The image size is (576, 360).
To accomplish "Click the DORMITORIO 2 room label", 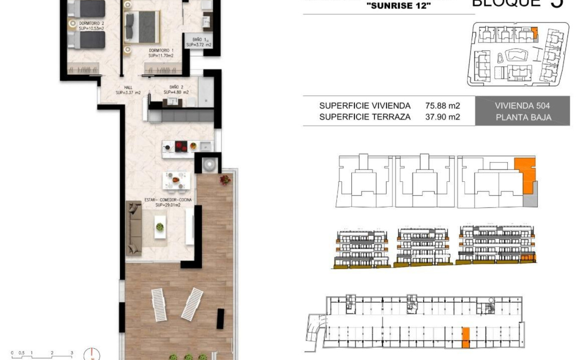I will (x=91, y=23).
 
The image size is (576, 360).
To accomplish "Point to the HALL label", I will (x=128, y=87).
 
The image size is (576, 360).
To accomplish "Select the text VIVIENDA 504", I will (x=522, y=106).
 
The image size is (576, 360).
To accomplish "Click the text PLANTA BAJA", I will (x=523, y=118).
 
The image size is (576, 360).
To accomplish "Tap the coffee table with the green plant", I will (x=160, y=227).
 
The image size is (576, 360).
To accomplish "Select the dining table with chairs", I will (x=176, y=180).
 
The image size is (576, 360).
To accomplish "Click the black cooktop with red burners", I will (x=182, y=146).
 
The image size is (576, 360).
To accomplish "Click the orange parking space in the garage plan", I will (x=465, y=338).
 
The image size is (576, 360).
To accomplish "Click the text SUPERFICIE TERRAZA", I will (x=365, y=117).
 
